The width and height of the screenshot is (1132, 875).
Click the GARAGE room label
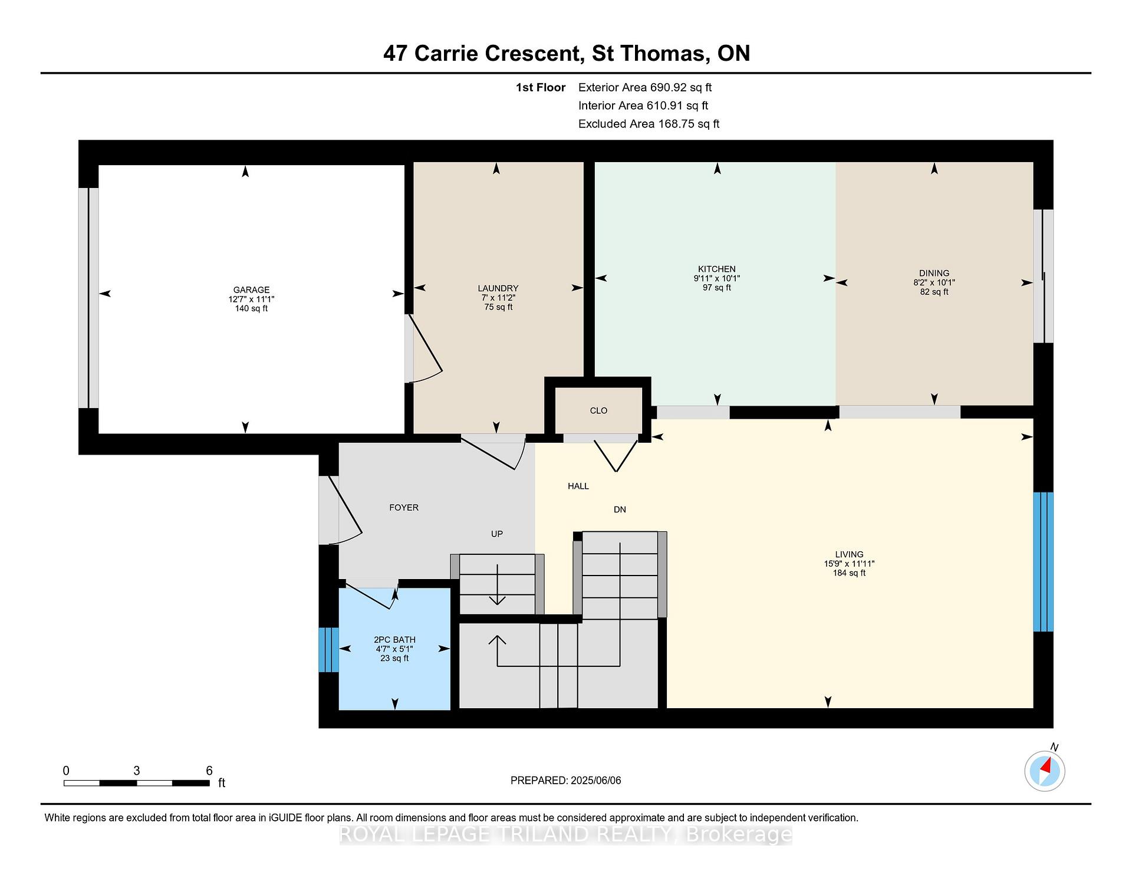(251, 290)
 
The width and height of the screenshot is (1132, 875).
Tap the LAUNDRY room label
(498, 288)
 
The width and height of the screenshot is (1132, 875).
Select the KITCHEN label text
(717, 269)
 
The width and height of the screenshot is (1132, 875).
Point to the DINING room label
(934, 273)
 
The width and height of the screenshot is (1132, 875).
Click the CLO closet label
(598, 410)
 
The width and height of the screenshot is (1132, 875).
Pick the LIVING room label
(849, 554)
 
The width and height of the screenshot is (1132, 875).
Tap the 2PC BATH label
(394, 640)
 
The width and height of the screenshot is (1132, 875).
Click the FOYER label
(404, 508)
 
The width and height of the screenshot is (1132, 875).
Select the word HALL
(578, 486)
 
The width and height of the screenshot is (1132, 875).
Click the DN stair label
(620, 509)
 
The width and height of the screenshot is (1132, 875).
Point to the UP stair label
(497, 534)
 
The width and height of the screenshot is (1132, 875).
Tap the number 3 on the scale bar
(137, 771)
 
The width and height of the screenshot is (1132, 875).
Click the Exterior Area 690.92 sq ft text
(645, 87)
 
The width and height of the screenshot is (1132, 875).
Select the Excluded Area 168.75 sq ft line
(649, 124)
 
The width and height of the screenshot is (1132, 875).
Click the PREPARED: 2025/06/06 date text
(566, 780)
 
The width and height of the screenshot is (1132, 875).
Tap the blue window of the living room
(1043, 562)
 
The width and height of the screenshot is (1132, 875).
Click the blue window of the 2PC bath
(329, 650)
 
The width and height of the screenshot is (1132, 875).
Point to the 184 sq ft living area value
(849, 573)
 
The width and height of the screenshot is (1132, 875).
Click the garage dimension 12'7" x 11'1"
(251, 299)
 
